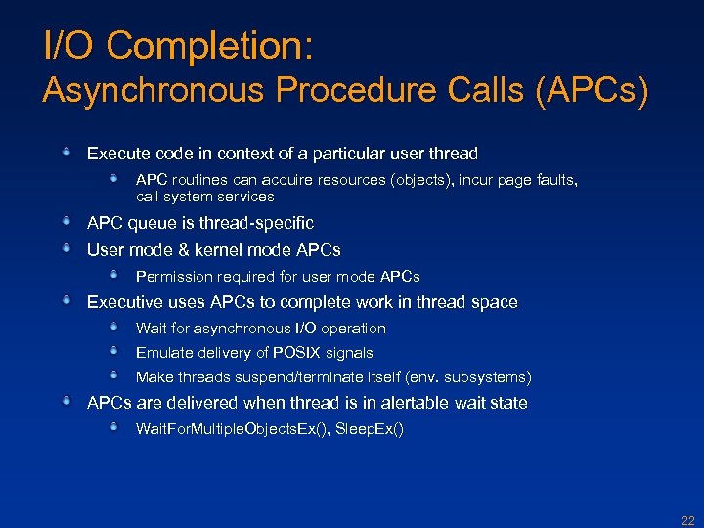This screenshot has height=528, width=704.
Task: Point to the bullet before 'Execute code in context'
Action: click(66, 153)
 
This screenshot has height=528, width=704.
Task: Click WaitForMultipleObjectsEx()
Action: click(231, 429)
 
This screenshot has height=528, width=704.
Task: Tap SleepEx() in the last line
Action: click(370, 429)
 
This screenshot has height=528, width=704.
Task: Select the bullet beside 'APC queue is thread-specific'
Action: click(66, 222)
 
